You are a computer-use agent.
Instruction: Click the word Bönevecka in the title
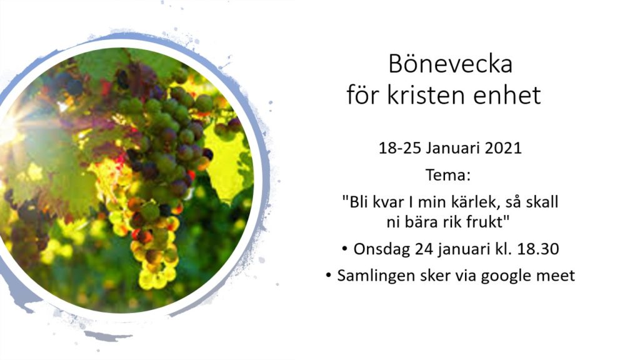[x=450, y=64]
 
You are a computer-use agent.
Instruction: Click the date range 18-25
[x=400, y=147]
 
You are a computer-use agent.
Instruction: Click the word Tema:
[x=448, y=175]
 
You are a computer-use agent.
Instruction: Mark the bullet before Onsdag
[x=345, y=249]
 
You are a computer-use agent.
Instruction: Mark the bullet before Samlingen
[x=329, y=276]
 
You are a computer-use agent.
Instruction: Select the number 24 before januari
[x=424, y=249]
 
